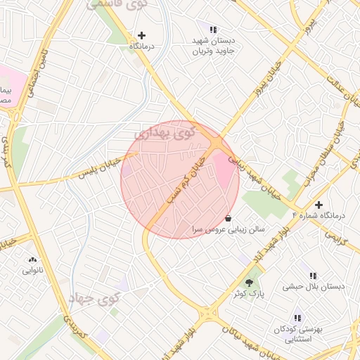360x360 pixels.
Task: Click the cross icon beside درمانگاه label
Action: tap(142, 34)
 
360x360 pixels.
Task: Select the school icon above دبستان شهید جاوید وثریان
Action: tap(213, 30)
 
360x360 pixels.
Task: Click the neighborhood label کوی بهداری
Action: tap(163, 132)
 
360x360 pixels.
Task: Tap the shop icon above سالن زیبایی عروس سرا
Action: tap(229, 218)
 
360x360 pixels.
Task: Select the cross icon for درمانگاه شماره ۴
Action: tap(319, 205)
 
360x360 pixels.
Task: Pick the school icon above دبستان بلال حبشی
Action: tap(313, 275)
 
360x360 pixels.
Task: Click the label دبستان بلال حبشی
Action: tap(313, 286)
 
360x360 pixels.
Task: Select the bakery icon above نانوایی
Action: tap(32, 259)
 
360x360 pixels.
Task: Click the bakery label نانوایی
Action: tap(32, 270)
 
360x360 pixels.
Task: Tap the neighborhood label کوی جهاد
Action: tap(95, 299)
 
